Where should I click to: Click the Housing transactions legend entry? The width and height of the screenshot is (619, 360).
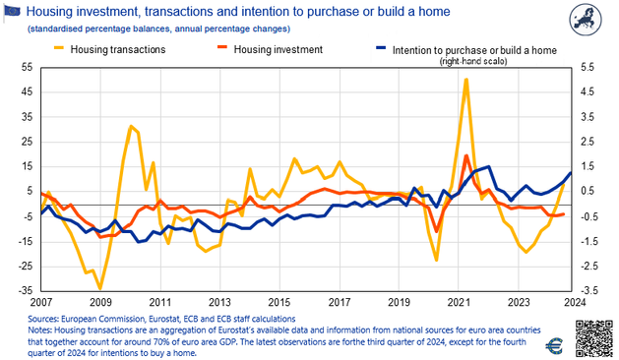tap(112, 47)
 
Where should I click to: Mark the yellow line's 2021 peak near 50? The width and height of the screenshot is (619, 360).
tap(465, 80)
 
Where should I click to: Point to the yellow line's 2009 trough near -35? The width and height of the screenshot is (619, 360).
tap(100, 288)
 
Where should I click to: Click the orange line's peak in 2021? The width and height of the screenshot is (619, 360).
tap(465, 155)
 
